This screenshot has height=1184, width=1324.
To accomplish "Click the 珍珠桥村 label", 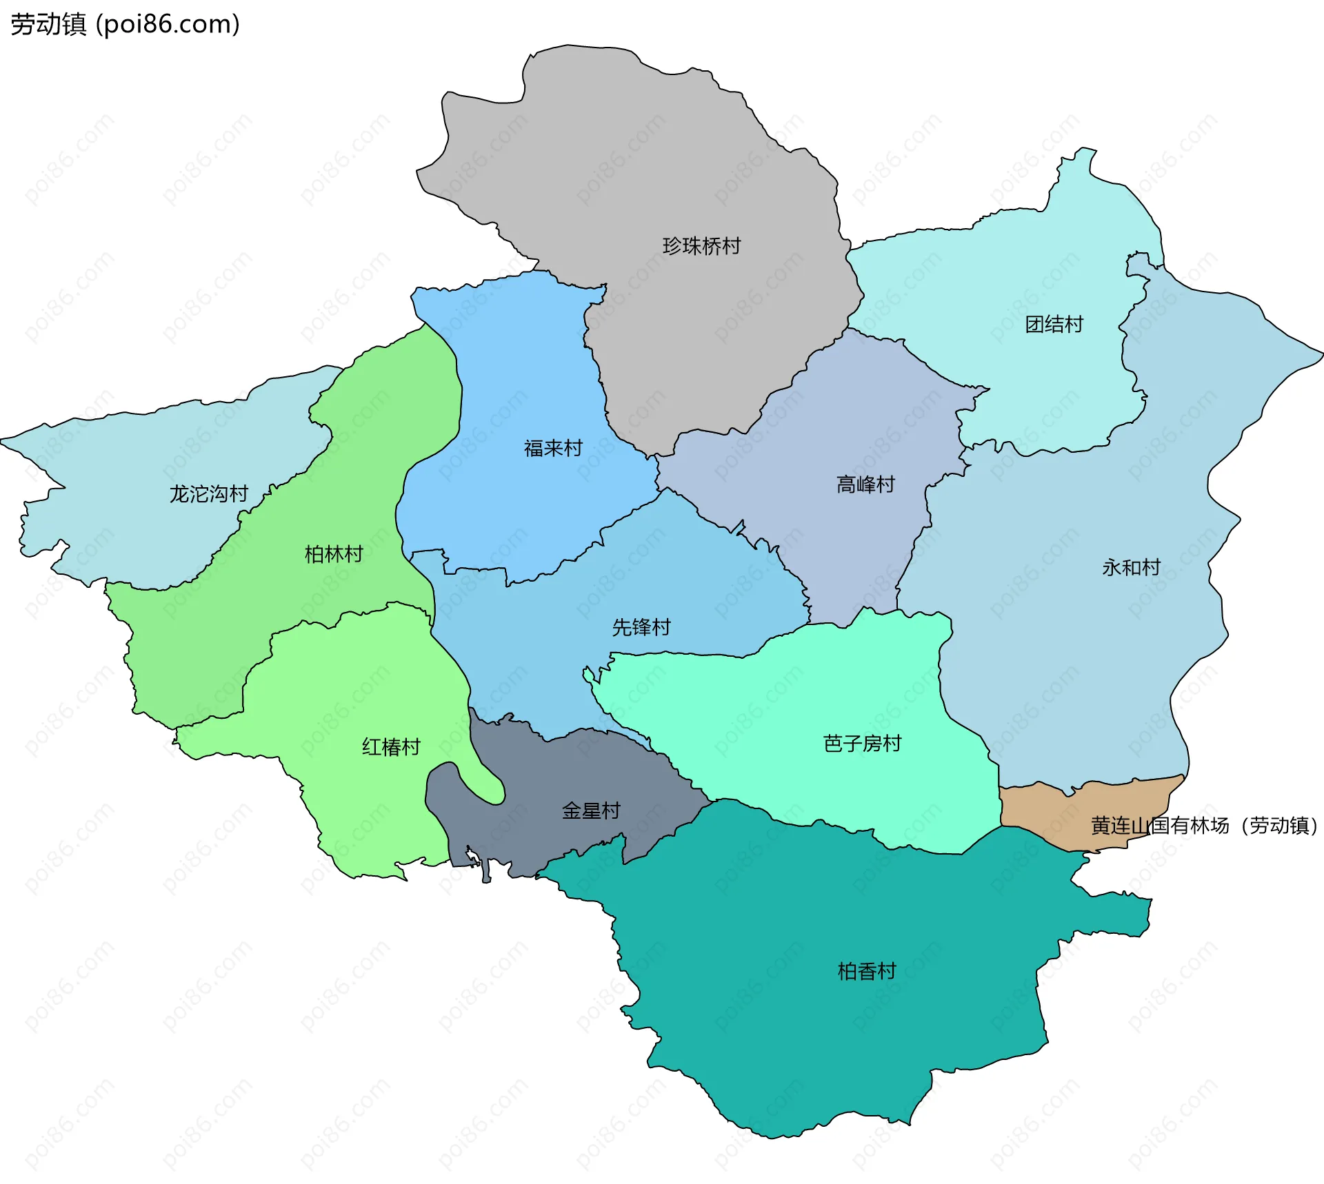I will tap(701, 246).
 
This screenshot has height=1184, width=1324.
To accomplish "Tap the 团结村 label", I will tap(1054, 324).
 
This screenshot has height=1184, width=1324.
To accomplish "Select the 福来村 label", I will tap(553, 449).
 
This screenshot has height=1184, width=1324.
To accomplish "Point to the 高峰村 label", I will tap(865, 484).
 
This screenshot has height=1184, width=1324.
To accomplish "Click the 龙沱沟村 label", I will tap(208, 494).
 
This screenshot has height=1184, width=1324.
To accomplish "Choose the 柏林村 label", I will tap(334, 554).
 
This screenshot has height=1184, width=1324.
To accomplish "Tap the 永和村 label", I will tap(1131, 567).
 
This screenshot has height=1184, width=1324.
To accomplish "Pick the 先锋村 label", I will tap(641, 627).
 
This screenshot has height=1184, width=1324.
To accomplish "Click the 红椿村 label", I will tap(391, 747).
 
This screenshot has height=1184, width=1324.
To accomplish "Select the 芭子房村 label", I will tap(862, 744).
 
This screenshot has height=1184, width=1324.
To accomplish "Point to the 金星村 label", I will tap(591, 810).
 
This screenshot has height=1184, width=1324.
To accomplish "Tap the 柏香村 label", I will tap(866, 971).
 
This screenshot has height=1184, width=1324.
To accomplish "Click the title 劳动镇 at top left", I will tap(48, 24).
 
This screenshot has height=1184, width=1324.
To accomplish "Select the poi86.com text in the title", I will tap(168, 24).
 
